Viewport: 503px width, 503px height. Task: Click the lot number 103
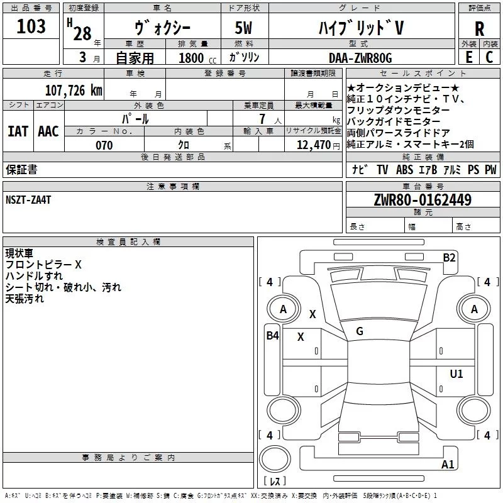(x=31, y=26)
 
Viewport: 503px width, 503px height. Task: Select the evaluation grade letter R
(x=479, y=29)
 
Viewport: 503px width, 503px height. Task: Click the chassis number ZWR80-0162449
(x=423, y=200)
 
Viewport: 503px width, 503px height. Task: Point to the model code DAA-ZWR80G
(x=360, y=58)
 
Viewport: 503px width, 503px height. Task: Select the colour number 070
(x=104, y=145)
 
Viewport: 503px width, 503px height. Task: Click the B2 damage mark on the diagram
(x=449, y=257)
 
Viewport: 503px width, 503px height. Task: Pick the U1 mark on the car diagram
(x=456, y=374)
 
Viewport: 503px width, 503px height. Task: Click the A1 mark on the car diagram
(x=448, y=465)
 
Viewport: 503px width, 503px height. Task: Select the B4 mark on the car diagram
(x=272, y=336)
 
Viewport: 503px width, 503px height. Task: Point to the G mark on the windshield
(x=360, y=331)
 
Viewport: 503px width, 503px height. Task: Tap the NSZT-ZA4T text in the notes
(x=28, y=199)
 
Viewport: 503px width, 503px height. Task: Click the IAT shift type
(x=18, y=131)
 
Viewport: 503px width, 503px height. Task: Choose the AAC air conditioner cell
(x=48, y=131)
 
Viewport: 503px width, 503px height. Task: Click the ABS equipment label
(x=404, y=169)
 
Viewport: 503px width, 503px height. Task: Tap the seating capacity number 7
(x=260, y=118)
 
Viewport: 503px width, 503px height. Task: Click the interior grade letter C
(x=489, y=57)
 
